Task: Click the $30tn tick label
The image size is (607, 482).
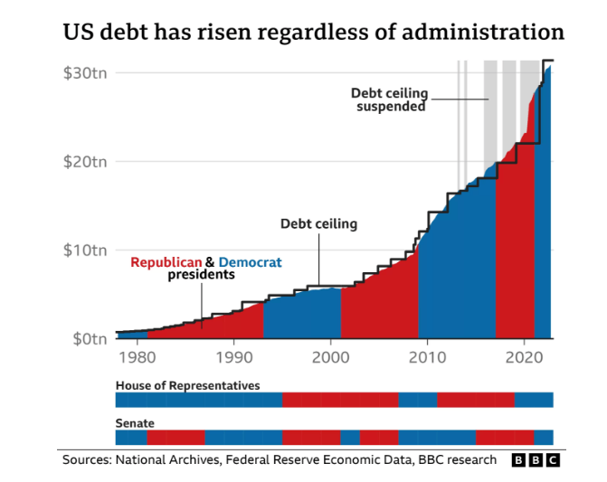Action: click(x=85, y=73)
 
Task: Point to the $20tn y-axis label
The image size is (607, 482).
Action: click(x=85, y=162)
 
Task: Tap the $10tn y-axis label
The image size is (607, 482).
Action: click(x=85, y=250)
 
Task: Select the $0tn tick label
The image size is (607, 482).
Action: click(x=89, y=338)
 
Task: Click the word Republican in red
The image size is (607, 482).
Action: click(x=166, y=262)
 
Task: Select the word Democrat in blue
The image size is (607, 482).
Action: click(x=251, y=262)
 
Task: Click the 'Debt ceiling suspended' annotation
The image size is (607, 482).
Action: click(x=389, y=99)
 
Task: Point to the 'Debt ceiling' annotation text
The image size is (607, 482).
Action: click(x=318, y=223)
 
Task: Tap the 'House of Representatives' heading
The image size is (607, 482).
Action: click(x=187, y=385)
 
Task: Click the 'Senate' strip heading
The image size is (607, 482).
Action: click(x=135, y=423)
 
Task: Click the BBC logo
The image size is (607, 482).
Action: click(x=536, y=460)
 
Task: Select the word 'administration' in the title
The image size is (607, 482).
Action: click(x=485, y=33)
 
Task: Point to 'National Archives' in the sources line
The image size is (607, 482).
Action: click(x=167, y=460)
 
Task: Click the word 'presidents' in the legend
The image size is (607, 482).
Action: click(x=201, y=275)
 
